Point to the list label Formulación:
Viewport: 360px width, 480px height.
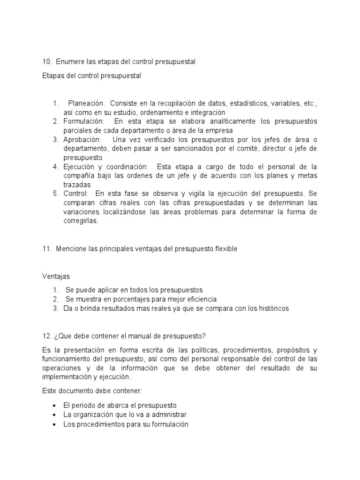(x=83, y=121)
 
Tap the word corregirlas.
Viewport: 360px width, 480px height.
(x=81, y=221)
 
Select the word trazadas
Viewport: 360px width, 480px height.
(x=77, y=185)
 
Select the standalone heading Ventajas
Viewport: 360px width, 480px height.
(x=56, y=277)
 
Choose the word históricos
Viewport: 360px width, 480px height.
(x=271, y=308)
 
